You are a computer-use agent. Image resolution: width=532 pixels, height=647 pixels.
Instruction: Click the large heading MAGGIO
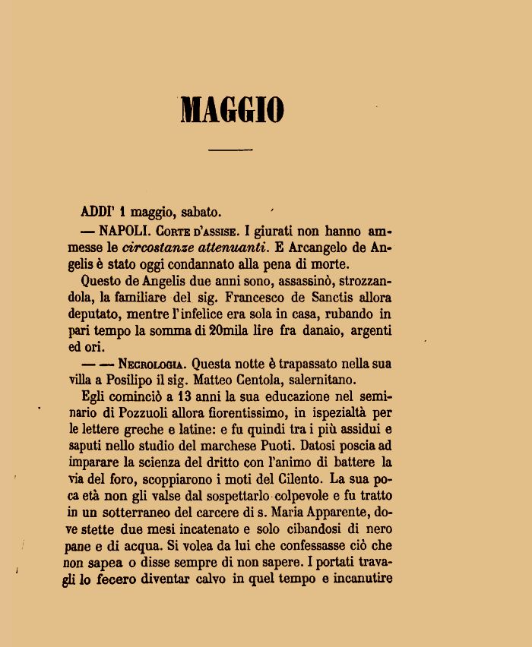pos(233,110)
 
